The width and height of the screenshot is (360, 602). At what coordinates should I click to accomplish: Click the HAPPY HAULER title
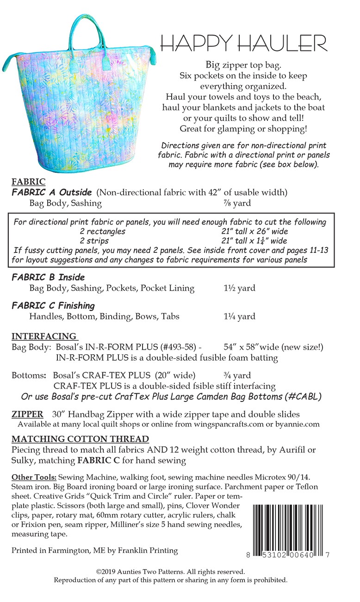(x=243, y=43)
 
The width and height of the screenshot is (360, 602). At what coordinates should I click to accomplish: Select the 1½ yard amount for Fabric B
(x=239, y=288)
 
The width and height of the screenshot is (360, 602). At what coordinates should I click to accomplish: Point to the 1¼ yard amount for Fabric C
(x=239, y=317)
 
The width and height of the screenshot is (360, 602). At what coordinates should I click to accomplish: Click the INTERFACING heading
(x=44, y=336)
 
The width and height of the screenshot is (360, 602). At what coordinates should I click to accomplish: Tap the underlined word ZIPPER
(x=27, y=414)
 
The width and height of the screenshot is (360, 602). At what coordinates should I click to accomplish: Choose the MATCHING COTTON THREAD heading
(x=80, y=439)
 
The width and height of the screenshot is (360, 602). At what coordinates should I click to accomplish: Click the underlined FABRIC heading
(x=28, y=182)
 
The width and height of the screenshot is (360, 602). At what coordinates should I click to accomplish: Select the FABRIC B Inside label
(x=48, y=277)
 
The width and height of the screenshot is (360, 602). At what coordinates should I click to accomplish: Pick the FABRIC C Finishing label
(x=53, y=306)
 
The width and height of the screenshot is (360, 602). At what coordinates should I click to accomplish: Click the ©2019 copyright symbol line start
(x=99, y=572)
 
